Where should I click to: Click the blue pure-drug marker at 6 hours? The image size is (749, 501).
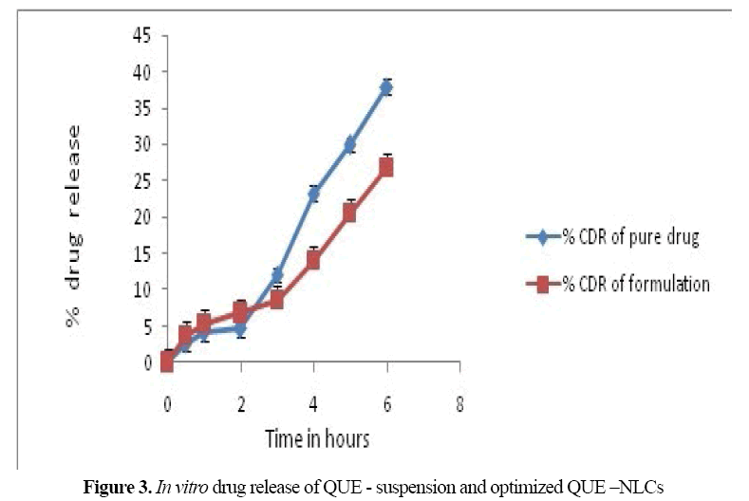click(386, 87)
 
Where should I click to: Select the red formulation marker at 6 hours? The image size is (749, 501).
click(386, 167)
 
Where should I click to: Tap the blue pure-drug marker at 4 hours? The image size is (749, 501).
click(313, 194)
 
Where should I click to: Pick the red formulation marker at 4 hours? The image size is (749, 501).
click(313, 260)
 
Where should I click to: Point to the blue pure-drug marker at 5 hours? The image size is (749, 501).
click(350, 144)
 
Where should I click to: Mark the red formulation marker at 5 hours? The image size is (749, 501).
click(350, 213)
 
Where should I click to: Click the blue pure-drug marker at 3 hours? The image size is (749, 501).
click(277, 275)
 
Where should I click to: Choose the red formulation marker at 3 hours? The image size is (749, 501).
click(277, 300)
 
